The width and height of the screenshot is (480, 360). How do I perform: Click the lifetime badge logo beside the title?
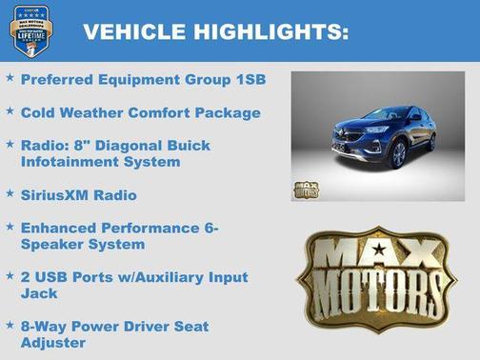(x=30, y=30)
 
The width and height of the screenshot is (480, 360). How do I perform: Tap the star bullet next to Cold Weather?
(x=10, y=111)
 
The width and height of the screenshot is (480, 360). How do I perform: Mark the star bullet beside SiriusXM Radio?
(x=10, y=193)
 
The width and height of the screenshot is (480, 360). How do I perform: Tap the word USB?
(x=53, y=277)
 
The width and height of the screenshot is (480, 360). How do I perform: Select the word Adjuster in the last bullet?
(x=53, y=343)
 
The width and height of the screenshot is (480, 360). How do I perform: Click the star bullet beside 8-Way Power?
(x=10, y=325)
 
